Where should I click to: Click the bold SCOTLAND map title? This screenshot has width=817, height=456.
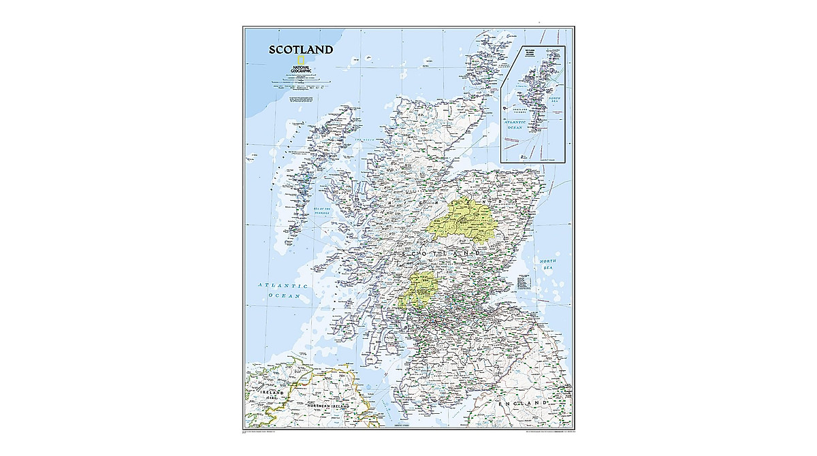[301, 50]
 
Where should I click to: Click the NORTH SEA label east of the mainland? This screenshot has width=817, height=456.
[549, 265]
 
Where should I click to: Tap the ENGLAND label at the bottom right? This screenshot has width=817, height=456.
[523, 404]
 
